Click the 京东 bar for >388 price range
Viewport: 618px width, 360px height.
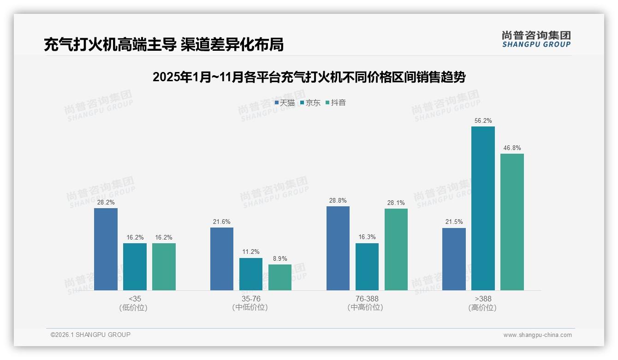click(x=483, y=208)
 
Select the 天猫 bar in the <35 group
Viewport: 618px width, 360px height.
click(x=106, y=249)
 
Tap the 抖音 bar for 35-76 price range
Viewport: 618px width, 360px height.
click(x=280, y=277)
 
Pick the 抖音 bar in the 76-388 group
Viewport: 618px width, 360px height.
click(x=396, y=249)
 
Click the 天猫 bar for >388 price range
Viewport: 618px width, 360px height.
click(x=454, y=259)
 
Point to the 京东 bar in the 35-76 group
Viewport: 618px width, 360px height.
click(x=251, y=274)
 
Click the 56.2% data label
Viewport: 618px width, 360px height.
click(x=483, y=121)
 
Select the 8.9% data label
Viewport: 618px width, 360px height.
click(x=280, y=259)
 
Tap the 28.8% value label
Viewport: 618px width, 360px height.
click(x=338, y=201)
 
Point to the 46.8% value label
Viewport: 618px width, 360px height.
click(x=512, y=148)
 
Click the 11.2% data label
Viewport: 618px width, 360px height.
click(x=251, y=252)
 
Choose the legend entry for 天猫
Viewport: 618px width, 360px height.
click(x=285, y=103)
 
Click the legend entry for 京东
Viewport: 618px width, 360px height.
click(x=310, y=103)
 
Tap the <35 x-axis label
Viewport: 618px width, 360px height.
click(x=135, y=299)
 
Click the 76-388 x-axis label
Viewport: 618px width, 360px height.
click(x=367, y=299)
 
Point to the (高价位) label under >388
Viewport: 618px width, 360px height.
click(x=483, y=308)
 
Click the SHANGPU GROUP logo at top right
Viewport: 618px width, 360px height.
click(x=536, y=39)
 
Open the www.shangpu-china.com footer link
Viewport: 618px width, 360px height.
click(x=537, y=335)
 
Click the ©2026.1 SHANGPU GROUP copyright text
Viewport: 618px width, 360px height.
click(x=91, y=335)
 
